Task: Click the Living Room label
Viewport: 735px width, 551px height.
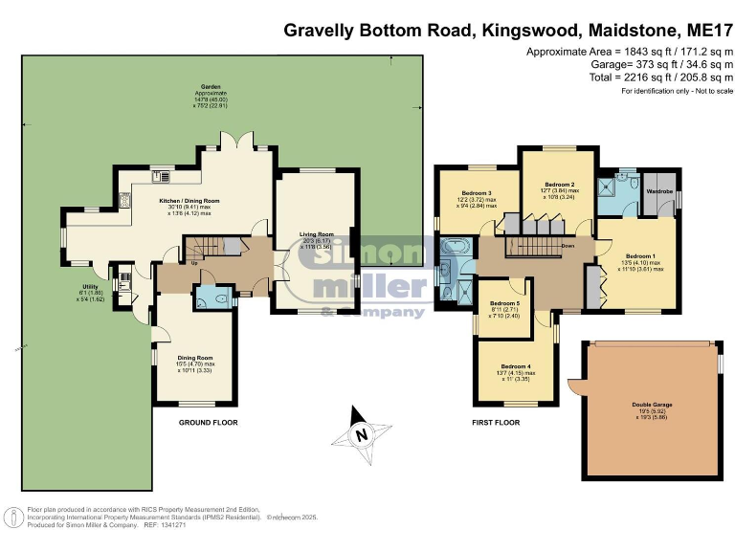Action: click(x=317, y=233)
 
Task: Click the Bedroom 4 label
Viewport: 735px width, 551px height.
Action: click(x=515, y=366)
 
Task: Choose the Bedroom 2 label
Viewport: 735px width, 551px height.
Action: click(x=559, y=184)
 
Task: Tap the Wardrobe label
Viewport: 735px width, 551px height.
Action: click(x=660, y=192)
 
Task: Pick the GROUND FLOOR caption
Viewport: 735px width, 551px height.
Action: click(x=208, y=422)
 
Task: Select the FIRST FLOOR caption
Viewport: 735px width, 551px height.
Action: click(x=496, y=422)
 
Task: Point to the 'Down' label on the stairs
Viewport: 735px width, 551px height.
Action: click(x=568, y=245)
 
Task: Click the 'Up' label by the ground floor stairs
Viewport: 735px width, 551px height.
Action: click(x=196, y=261)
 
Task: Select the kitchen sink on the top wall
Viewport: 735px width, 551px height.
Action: click(x=160, y=175)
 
